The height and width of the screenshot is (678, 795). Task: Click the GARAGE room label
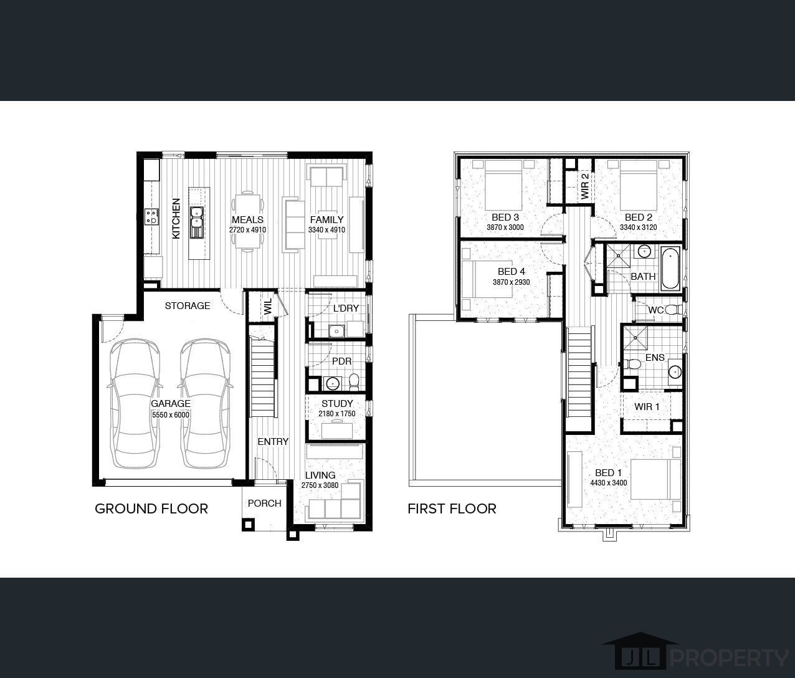(170, 403)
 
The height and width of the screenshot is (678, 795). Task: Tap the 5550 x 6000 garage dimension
(170, 415)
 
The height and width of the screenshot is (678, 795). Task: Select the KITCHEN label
(176, 218)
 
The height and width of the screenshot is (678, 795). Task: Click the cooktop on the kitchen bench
(152, 217)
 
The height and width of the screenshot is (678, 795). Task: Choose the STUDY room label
(337, 403)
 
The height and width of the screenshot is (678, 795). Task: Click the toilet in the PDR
(354, 381)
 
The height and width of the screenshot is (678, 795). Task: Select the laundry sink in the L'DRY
(336, 331)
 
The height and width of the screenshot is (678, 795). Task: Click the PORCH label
(265, 504)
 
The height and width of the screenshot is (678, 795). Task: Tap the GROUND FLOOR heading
(151, 508)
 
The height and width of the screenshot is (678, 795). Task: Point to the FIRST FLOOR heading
(452, 508)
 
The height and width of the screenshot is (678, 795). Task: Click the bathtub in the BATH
(670, 269)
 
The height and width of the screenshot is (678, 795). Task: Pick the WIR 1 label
(647, 406)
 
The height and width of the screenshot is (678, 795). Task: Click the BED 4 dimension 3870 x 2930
(511, 282)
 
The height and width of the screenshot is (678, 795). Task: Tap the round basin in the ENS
(675, 371)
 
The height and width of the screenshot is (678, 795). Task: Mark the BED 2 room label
(639, 217)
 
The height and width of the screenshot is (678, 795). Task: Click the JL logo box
(640, 658)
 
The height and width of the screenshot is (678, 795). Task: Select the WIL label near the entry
(268, 307)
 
